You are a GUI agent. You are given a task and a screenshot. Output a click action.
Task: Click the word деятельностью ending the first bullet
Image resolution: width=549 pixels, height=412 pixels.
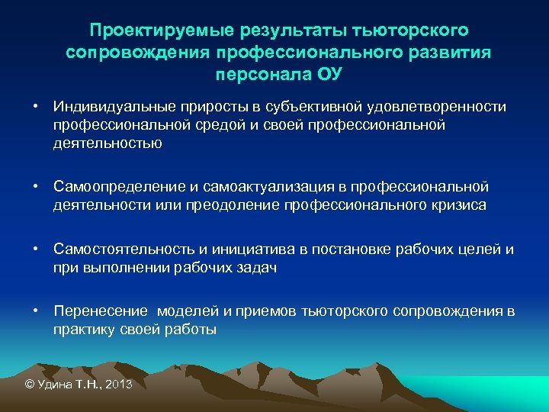point(108,143)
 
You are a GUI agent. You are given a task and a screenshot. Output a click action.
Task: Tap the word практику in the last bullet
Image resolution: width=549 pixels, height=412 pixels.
point(85,330)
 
